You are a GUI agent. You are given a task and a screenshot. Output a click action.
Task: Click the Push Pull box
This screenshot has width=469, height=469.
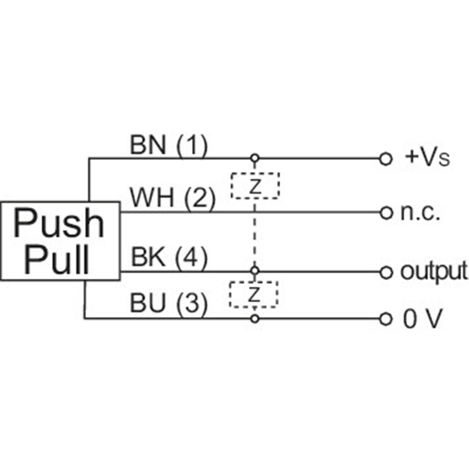(x=60, y=241)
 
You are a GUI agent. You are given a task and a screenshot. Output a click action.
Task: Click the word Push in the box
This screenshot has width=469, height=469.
(x=59, y=223)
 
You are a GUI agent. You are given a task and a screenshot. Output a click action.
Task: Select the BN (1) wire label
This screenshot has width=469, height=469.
(x=168, y=146)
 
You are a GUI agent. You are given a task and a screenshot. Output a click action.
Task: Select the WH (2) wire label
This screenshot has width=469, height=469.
(x=172, y=199)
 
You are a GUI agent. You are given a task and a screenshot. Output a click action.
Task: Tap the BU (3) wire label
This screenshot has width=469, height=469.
(x=168, y=305)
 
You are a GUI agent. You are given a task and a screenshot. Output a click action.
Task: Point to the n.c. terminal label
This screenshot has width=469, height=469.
(x=420, y=212)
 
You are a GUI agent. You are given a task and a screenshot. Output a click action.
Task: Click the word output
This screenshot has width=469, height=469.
(x=434, y=271)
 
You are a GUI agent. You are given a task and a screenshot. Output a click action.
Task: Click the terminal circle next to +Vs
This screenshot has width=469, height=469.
(x=385, y=158)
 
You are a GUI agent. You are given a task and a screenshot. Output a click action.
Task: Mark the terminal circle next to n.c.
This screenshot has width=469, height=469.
(x=385, y=212)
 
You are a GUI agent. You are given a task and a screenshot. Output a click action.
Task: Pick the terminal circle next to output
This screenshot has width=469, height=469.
(x=385, y=271)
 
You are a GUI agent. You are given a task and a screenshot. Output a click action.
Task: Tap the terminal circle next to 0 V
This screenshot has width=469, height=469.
(x=385, y=319)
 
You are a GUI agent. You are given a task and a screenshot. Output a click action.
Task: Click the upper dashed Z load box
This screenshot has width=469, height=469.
(x=254, y=185)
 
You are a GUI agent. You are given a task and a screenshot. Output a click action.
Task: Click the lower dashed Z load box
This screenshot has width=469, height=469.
(x=254, y=294)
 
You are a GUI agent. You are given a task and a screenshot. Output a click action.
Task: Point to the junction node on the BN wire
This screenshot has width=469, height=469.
(x=254, y=158)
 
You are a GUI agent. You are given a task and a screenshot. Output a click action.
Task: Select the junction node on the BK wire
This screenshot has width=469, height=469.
(x=254, y=271)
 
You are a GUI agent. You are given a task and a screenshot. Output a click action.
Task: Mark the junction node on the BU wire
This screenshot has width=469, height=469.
(x=254, y=318)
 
